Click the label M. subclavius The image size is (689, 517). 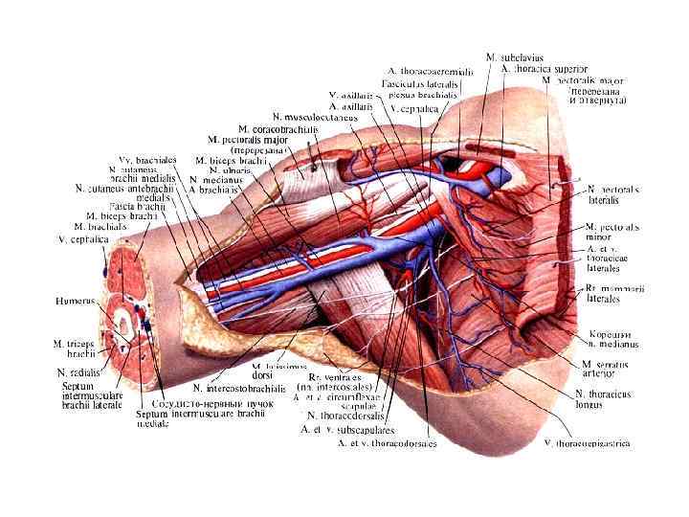[516, 57]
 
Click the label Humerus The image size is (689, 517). [75, 301]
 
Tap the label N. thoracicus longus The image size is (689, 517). [603, 399]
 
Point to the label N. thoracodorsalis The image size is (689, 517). [345, 416]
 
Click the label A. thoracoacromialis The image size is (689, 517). [431, 71]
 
